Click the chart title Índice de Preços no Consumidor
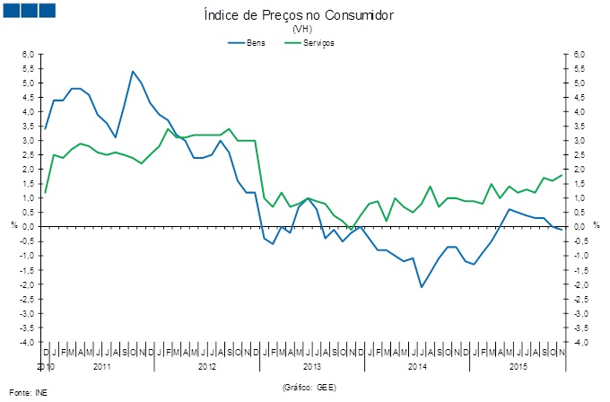305,15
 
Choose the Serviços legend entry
318,43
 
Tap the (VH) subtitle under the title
305,29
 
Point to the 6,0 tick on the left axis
28,55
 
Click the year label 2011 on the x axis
101,366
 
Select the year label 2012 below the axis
207,366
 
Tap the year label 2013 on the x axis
312,366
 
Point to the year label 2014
417,366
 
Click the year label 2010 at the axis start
46,366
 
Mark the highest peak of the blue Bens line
133,71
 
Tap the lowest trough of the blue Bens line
422,287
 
